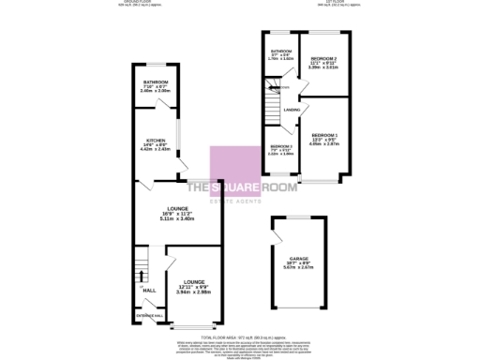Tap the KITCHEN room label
pyautogui.click(x=157, y=142)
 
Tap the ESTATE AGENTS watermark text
pyautogui.click(x=240, y=197)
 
